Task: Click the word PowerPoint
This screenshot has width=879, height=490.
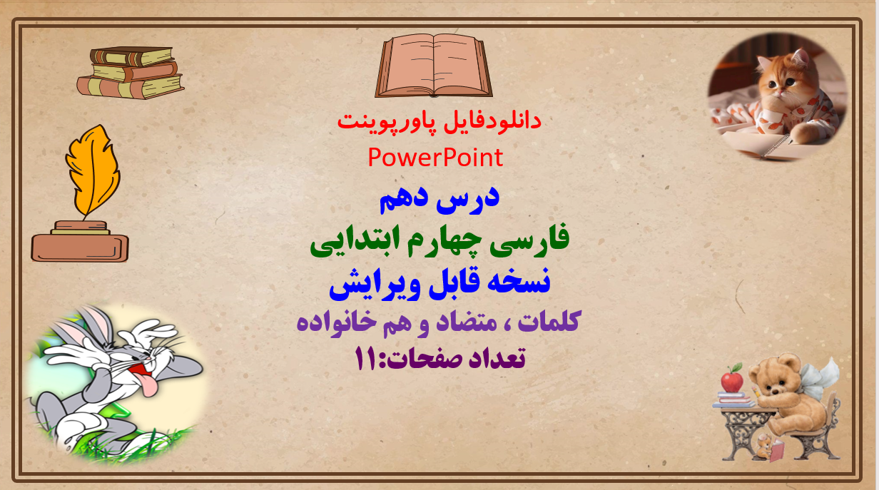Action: (435, 158)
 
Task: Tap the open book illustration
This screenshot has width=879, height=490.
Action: (434, 66)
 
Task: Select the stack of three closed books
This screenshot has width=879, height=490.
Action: (131, 73)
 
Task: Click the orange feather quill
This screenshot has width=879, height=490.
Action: (93, 170)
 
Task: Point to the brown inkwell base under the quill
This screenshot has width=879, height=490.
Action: (80, 242)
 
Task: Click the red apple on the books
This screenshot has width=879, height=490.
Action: (732, 379)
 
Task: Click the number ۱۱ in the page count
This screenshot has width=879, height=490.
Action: (365, 359)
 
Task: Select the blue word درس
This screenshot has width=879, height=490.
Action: (468, 199)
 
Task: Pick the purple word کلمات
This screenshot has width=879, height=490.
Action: (549, 322)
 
